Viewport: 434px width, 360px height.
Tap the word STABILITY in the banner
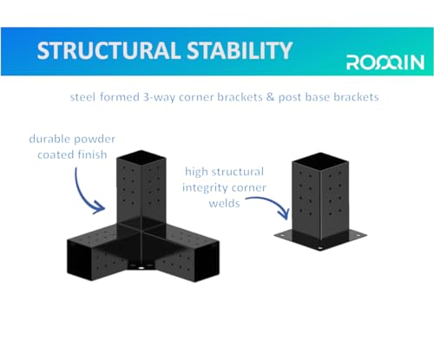click(240, 50)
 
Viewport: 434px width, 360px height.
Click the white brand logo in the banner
click(385, 62)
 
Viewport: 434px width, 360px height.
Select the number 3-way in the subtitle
click(159, 97)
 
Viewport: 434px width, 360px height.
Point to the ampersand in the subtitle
click(270, 97)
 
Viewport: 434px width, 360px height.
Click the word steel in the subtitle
click(82, 97)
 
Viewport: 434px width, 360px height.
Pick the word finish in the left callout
click(93, 154)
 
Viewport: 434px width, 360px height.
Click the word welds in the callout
click(225, 203)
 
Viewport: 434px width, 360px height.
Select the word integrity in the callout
click(204, 188)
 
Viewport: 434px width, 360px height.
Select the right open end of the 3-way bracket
click(207, 262)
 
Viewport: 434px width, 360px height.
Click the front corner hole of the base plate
click(319, 248)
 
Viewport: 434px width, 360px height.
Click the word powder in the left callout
click(98, 140)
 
